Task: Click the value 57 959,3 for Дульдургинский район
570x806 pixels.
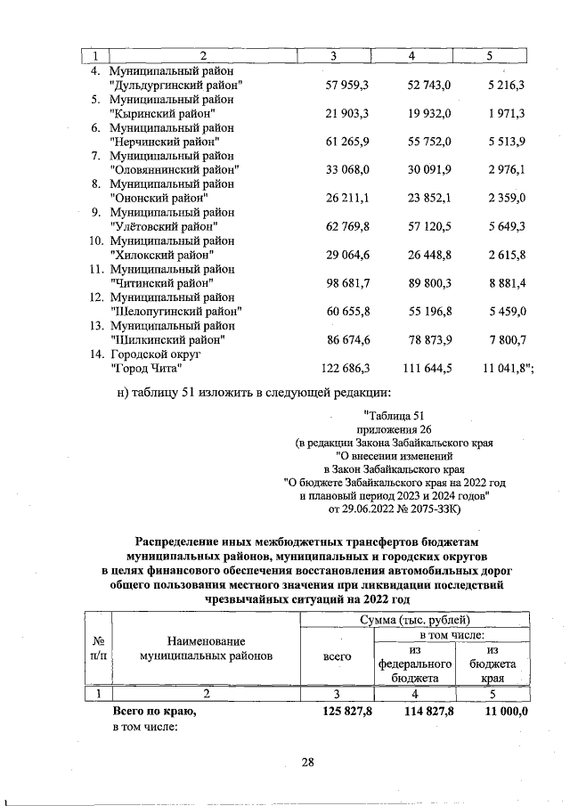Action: click(x=350, y=85)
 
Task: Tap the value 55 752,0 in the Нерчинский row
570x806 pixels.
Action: click(x=429, y=142)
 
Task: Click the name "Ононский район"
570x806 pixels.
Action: click(x=158, y=198)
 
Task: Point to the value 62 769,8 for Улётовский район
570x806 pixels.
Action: click(x=350, y=226)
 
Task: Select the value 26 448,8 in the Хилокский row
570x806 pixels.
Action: click(x=429, y=255)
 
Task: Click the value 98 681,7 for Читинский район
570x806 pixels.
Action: click(x=350, y=282)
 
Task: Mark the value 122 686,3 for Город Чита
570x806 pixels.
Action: click(x=346, y=367)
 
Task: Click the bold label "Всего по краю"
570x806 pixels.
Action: click(x=153, y=712)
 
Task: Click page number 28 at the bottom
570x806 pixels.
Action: click(x=308, y=761)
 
